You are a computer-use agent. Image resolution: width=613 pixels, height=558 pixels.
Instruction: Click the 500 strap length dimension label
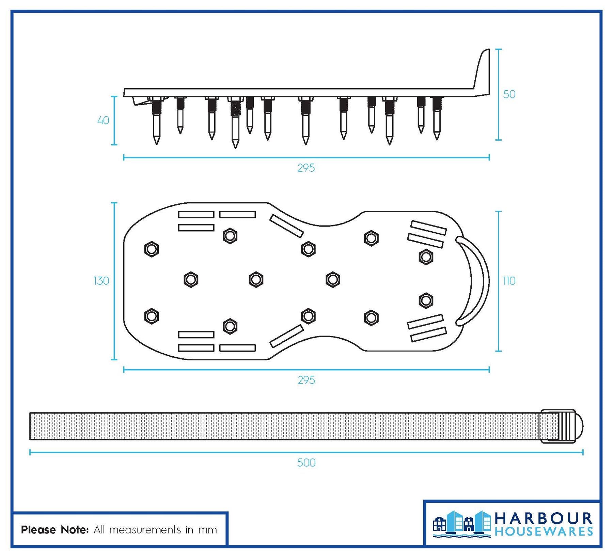point(306,463)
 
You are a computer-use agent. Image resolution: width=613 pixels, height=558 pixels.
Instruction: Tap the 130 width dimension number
point(101,281)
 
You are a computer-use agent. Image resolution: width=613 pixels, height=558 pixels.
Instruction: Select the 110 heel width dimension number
point(509,281)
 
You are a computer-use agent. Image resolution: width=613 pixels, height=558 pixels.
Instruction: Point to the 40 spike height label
point(103,120)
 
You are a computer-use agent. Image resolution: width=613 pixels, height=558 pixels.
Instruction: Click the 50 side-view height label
point(509,94)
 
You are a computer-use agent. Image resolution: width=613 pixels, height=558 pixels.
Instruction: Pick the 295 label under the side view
point(306,168)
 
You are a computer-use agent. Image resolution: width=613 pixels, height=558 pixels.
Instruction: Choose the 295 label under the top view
point(306,380)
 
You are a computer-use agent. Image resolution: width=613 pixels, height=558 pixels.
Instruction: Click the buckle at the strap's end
point(561,426)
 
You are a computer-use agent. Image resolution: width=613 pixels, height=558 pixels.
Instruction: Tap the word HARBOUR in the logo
point(544,518)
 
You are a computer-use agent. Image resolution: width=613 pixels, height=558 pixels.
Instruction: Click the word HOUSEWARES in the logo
point(544,532)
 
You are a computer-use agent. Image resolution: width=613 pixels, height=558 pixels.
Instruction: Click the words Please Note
point(55,530)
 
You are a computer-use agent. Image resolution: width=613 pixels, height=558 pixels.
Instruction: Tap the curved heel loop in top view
point(472,281)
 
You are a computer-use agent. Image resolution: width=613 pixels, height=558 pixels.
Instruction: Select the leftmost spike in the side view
point(156,121)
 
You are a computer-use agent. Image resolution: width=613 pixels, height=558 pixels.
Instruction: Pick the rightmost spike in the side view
point(437,119)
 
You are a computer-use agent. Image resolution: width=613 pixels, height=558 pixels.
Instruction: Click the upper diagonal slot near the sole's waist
point(287,226)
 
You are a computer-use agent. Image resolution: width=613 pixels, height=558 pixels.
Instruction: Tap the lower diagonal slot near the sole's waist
point(287,336)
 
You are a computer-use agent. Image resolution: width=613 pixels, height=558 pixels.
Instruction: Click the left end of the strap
point(30,426)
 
